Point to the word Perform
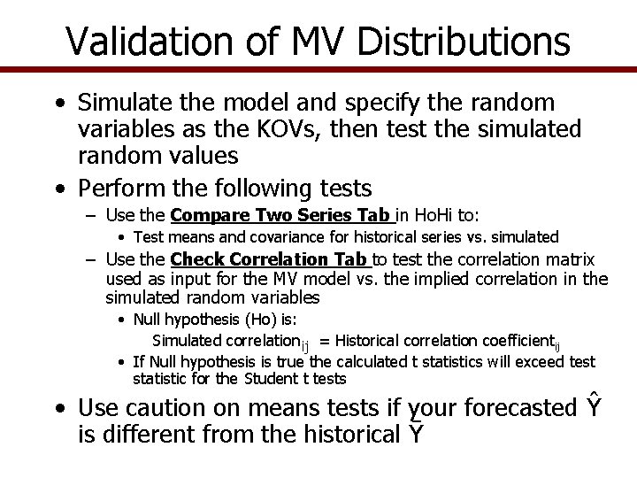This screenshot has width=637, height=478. tap(118, 188)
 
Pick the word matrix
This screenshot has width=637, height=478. tap(570, 259)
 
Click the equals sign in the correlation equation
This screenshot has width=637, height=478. tap(325, 341)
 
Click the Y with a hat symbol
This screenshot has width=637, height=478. tap(595, 406)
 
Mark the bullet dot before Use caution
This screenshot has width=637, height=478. tap(58, 410)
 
